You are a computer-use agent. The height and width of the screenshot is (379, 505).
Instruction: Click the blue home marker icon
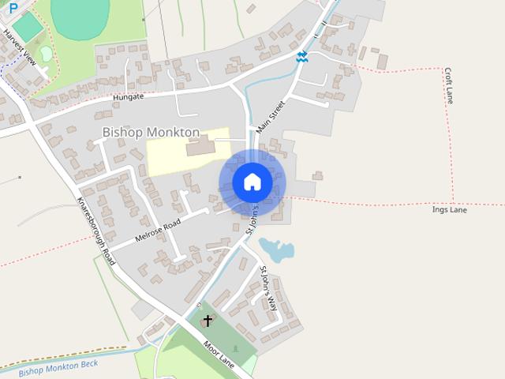(252, 182)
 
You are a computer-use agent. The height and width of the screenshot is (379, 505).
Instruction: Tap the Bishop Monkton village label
(151, 133)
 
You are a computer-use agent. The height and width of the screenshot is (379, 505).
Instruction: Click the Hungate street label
(129, 97)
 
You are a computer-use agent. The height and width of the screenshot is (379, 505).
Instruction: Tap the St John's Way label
(269, 289)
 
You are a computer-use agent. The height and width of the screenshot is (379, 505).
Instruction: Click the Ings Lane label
(450, 210)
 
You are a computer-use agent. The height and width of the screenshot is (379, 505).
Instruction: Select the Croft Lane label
(448, 84)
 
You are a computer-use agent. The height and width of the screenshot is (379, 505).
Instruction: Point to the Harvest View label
(20, 47)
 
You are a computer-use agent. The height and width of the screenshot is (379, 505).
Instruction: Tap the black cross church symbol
(208, 321)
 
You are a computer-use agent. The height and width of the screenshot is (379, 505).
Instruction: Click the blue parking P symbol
(13, 6)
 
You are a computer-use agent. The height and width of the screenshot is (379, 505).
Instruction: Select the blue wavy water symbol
(301, 57)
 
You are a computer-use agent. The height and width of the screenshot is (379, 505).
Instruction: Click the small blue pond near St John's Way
(276, 250)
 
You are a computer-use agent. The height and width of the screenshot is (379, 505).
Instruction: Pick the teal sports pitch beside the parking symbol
(28, 28)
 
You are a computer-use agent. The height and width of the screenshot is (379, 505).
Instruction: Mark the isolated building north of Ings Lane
(317, 175)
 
